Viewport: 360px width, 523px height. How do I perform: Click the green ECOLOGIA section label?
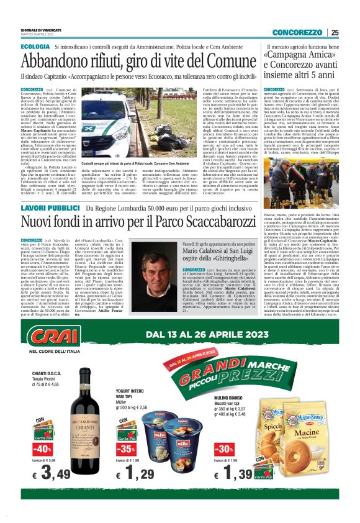(x=35, y=47)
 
